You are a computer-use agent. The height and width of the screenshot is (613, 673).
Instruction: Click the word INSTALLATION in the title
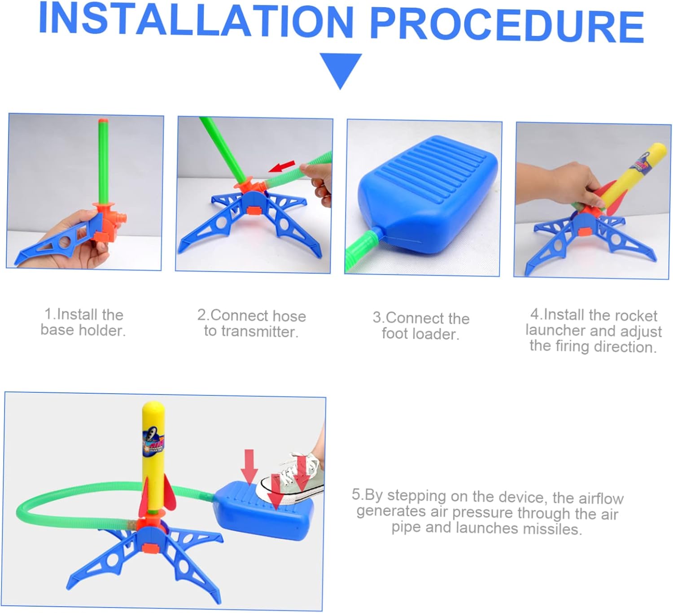(196, 20)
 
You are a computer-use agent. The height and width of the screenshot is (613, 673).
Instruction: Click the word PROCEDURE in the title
(507, 25)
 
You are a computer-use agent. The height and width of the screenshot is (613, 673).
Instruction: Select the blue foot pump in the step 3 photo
(428, 193)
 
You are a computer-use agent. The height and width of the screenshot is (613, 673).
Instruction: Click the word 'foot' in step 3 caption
(395, 333)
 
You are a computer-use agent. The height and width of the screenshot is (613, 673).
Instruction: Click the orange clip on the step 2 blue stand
(254, 210)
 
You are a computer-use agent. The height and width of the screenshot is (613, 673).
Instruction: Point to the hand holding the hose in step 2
(319, 183)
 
